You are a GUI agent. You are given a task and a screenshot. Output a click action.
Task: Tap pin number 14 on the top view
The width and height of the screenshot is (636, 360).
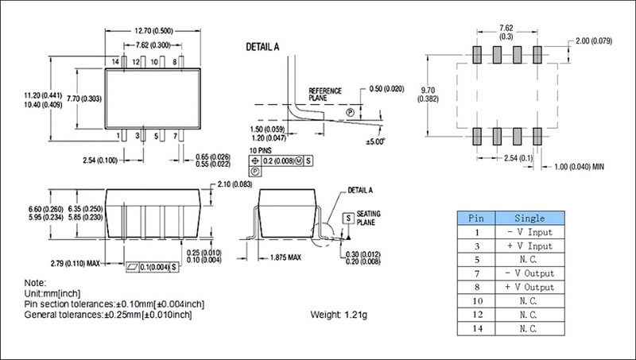click(x=114, y=60)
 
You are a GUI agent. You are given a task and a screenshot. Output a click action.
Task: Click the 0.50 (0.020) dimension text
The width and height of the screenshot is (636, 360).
click(x=388, y=88)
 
